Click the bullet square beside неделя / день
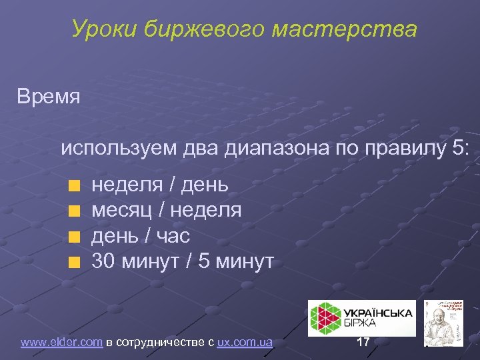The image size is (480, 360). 76,185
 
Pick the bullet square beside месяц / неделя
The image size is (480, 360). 76,211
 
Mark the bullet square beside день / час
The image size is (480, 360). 76,236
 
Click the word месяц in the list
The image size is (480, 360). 121,211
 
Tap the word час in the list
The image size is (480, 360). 174,236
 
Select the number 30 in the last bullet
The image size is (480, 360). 103,261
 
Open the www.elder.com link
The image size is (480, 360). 61,343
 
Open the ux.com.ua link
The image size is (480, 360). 245,343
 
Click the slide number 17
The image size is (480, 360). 363,343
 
